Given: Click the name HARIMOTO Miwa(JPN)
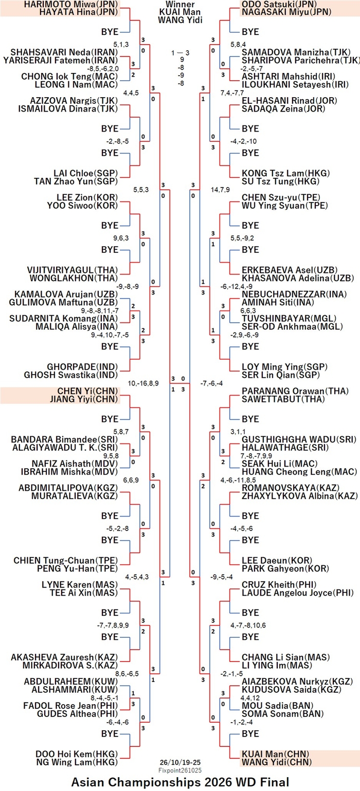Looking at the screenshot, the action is coord(70,4).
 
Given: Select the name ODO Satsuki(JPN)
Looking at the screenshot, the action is coord(279,4).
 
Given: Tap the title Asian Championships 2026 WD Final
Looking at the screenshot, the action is coord(180,782).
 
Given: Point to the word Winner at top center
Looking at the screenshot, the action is coord(180,4).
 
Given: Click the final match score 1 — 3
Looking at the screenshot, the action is coord(180,53).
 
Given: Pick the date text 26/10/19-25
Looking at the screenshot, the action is coord(180,762).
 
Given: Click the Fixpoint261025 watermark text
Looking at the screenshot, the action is coord(180,770).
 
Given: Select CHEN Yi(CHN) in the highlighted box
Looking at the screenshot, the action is coord(87,391).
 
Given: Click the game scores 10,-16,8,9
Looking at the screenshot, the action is coord(143,383).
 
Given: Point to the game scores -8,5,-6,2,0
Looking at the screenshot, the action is coord(103,68).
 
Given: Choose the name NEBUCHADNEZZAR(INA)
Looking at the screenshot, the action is coord(294,294).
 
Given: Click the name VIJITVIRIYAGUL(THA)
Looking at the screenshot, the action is coord(73,270).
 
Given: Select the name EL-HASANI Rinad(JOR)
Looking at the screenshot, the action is coord(290,101).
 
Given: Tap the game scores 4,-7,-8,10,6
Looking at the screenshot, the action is coord(248,626).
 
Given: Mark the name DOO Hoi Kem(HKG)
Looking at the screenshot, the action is coord(77,755).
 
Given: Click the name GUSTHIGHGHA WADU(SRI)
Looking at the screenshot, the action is coord(299,439).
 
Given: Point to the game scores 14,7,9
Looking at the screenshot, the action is coord(220,190).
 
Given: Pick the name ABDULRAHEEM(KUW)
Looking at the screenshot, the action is coord(70,682).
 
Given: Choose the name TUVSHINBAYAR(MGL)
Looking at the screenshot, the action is coord(289,319).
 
